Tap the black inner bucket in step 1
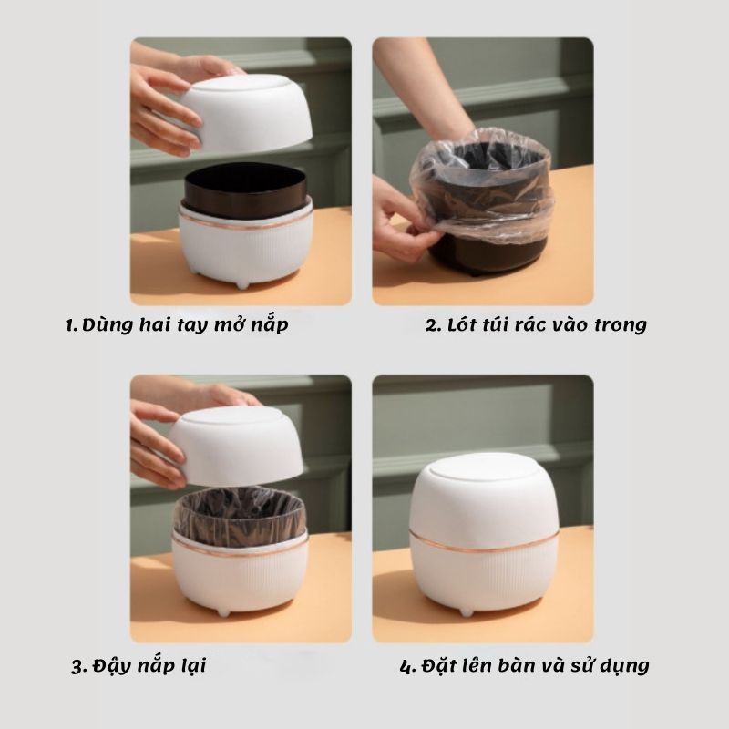point(245,190)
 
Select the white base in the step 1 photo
point(246,245)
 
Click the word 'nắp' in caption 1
point(269,325)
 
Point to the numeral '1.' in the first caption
point(72,325)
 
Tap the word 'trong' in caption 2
point(621,325)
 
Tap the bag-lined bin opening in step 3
point(240,514)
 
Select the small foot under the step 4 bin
point(467,611)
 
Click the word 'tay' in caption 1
point(193,326)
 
